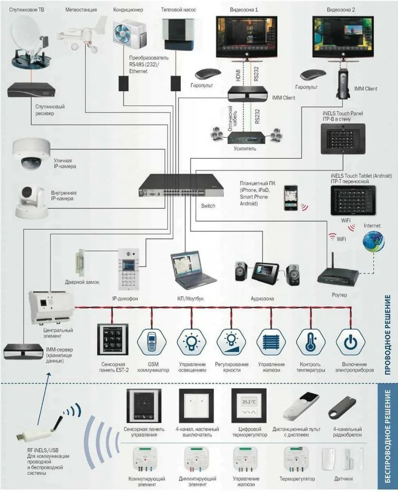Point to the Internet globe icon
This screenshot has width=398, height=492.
tap(373, 242)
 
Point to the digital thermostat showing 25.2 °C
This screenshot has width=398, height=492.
tap(249, 406)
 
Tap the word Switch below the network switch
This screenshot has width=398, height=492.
tap(208, 206)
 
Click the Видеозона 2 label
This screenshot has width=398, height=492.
tap(341, 9)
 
